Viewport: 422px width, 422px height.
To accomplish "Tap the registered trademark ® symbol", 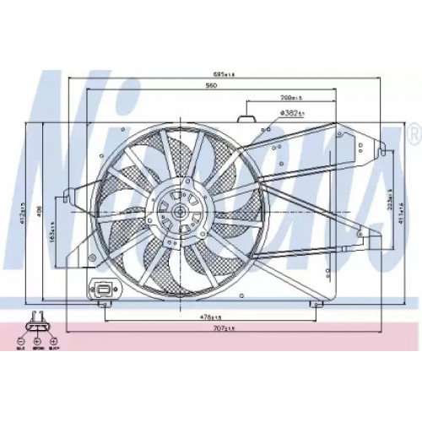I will click(x=411, y=136).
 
